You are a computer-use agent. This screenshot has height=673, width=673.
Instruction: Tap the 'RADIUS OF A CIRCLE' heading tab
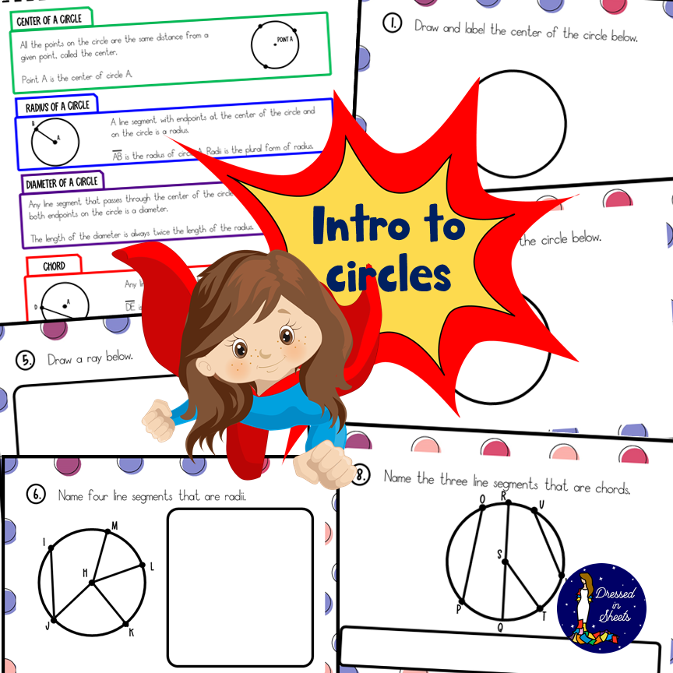(x=57, y=106)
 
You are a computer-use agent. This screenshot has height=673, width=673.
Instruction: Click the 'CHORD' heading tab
(x=54, y=266)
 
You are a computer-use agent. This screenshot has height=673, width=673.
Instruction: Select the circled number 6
(x=36, y=495)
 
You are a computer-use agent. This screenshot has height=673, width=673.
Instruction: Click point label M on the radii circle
(x=114, y=525)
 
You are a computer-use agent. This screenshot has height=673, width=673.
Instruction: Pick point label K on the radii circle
(x=132, y=632)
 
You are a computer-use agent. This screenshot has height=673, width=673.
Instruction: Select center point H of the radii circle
(x=91, y=581)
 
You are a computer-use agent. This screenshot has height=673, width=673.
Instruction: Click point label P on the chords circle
(x=459, y=608)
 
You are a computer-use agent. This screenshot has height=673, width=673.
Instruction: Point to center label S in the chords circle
(x=500, y=554)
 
